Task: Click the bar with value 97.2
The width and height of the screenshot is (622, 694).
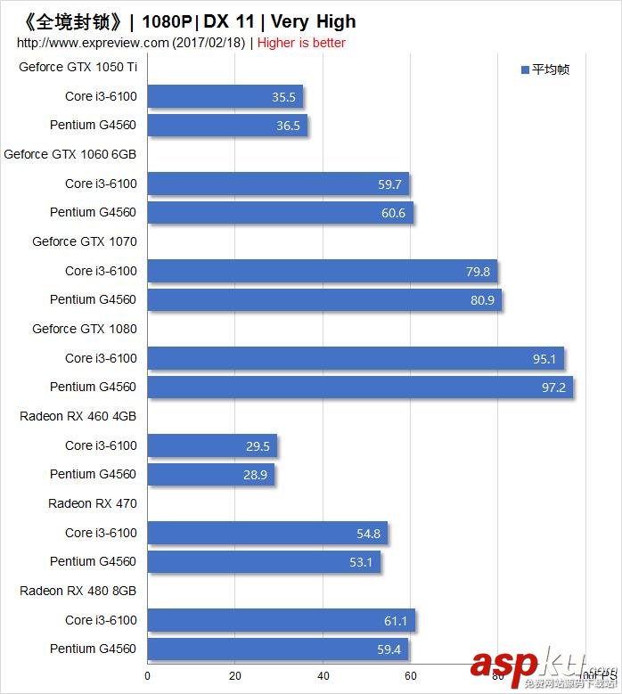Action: (359, 387)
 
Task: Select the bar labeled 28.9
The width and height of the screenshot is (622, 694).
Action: (210, 474)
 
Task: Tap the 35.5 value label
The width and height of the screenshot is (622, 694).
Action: (283, 97)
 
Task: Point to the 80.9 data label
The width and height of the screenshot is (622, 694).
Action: (482, 300)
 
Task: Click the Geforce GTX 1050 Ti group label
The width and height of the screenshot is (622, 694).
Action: (78, 67)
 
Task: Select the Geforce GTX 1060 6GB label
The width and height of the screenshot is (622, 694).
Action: (70, 154)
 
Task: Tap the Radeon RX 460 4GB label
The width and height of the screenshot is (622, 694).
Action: (78, 416)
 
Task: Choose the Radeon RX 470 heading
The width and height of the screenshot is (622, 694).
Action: (93, 503)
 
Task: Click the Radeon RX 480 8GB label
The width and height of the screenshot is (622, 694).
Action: (78, 591)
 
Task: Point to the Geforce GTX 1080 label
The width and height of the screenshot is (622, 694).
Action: (85, 329)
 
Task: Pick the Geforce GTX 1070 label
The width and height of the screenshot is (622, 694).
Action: (85, 241)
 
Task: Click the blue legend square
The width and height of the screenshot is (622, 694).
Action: (525, 69)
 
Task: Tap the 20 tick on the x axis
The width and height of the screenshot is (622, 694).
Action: (235, 676)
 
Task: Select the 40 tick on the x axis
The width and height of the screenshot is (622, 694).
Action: (323, 676)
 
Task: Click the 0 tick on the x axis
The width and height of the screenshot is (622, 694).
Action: (148, 676)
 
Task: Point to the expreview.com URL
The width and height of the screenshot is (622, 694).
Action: (93, 43)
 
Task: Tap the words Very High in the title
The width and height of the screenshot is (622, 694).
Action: (313, 21)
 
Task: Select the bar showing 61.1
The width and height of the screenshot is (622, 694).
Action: (281, 620)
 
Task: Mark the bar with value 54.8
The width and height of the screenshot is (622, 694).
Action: (267, 533)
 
